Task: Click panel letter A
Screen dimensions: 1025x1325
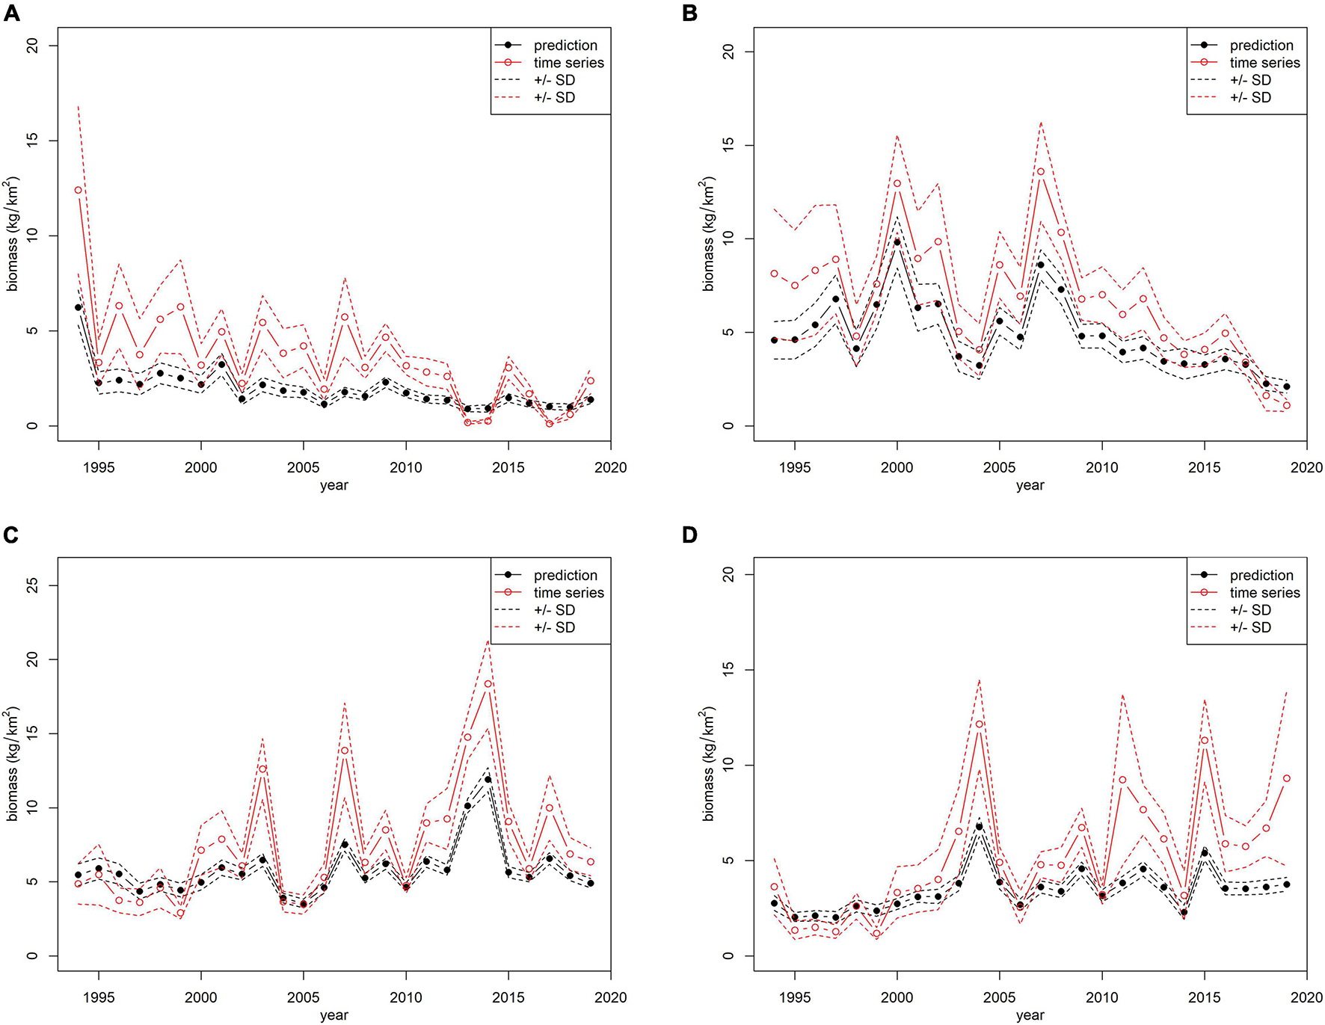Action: (x=11, y=13)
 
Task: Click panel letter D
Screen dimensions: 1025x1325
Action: (x=689, y=535)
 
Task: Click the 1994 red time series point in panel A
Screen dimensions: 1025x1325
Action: (x=79, y=190)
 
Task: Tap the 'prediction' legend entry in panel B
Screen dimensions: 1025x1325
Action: (x=1261, y=46)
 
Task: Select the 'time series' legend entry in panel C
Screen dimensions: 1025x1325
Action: (x=568, y=593)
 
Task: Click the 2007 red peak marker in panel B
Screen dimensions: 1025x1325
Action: (x=1040, y=172)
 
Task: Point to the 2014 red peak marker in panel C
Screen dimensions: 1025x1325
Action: (x=488, y=684)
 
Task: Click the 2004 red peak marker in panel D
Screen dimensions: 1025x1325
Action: (x=979, y=724)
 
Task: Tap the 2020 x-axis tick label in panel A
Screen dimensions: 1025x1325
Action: (x=610, y=468)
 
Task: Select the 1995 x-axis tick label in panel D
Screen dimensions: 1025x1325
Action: (x=794, y=997)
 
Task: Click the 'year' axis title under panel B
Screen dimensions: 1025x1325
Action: (x=1030, y=485)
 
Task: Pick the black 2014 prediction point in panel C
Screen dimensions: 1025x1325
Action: (x=488, y=780)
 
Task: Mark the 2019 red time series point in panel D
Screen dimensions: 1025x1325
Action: (x=1286, y=778)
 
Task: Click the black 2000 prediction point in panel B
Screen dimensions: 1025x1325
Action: (x=897, y=242)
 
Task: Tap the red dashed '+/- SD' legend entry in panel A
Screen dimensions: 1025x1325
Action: (x=554, y=97)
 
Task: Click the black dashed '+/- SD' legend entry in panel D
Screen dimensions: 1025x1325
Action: (x=1250, y=610)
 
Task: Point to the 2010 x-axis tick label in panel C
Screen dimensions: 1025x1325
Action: (x=405, y=997)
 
